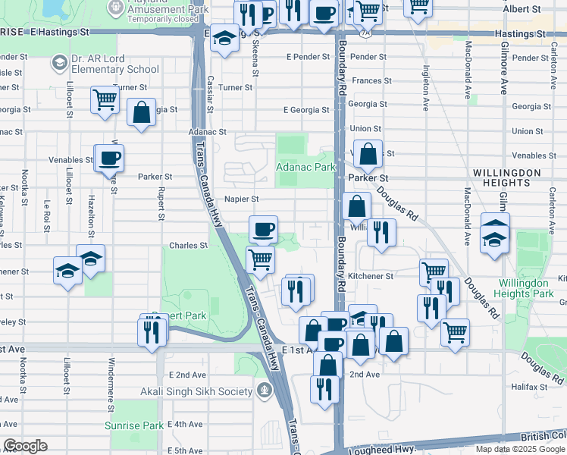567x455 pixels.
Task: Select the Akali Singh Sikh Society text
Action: coord(196,391)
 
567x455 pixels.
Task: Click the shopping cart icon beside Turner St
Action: coord(105,99)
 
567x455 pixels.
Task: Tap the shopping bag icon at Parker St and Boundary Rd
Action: coord(368,154)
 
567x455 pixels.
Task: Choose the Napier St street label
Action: coord(242,199)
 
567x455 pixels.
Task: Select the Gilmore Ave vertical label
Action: coord(503,68)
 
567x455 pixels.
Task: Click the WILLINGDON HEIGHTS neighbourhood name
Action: coord(506,177)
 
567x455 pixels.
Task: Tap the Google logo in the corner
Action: coord(26,446)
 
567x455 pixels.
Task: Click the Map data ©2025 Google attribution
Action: coord(519,449)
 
